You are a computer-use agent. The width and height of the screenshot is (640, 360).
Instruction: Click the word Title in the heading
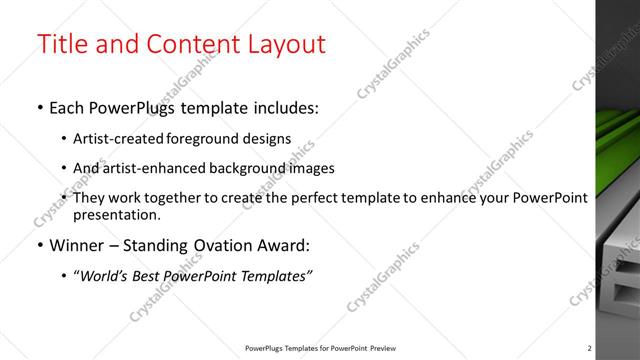pyautogui.click(x=63, y=45)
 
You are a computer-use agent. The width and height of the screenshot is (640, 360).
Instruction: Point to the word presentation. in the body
pyautogui.click(x=117, y=214)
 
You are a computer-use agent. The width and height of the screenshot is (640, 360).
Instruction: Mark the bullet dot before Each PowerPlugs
pyautogui.click(x=39, y=108)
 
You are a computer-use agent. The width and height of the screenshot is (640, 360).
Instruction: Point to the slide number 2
pyautogui.click(x=589, y=348)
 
